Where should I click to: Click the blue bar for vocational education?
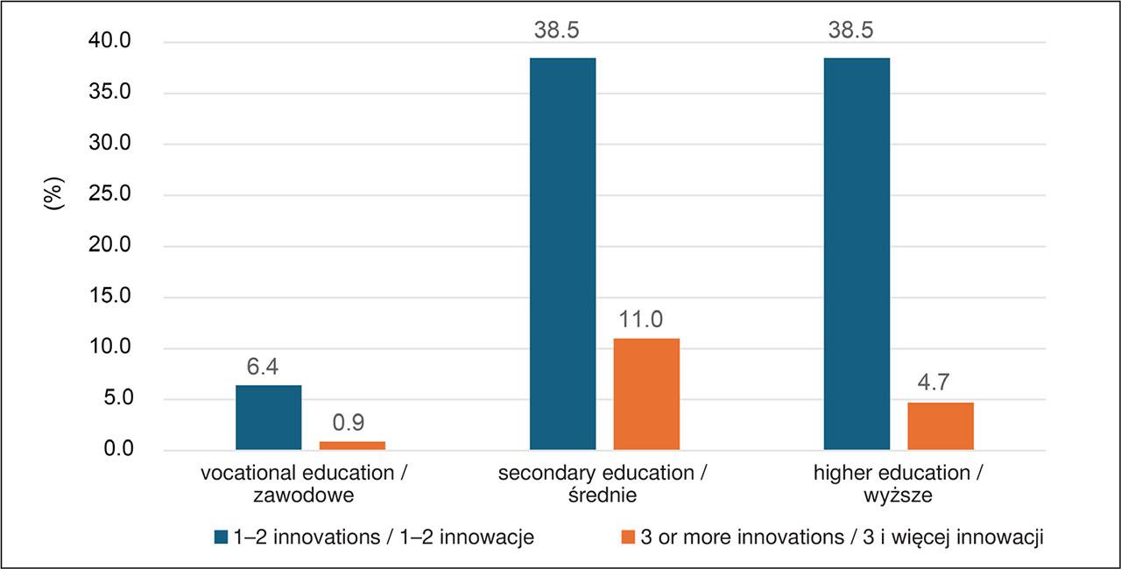[x=268, y=418]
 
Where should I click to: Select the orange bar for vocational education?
[x=352, y=446]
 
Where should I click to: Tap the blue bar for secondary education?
[x=562, y=254]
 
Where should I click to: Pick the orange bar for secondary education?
[x=646, y=394]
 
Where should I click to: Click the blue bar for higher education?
[x=857, y=254]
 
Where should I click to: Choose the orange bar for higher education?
[x=941, y=426]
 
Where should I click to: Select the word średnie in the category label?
[x=603, y=495]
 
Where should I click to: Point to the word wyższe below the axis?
[x=898, y=495]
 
